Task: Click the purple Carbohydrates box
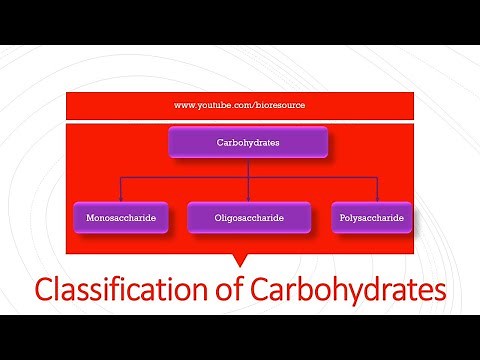248,143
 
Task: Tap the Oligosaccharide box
248,217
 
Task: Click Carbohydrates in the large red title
340,290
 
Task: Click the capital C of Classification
44,290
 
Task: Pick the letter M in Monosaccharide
90,217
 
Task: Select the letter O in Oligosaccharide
218,217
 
